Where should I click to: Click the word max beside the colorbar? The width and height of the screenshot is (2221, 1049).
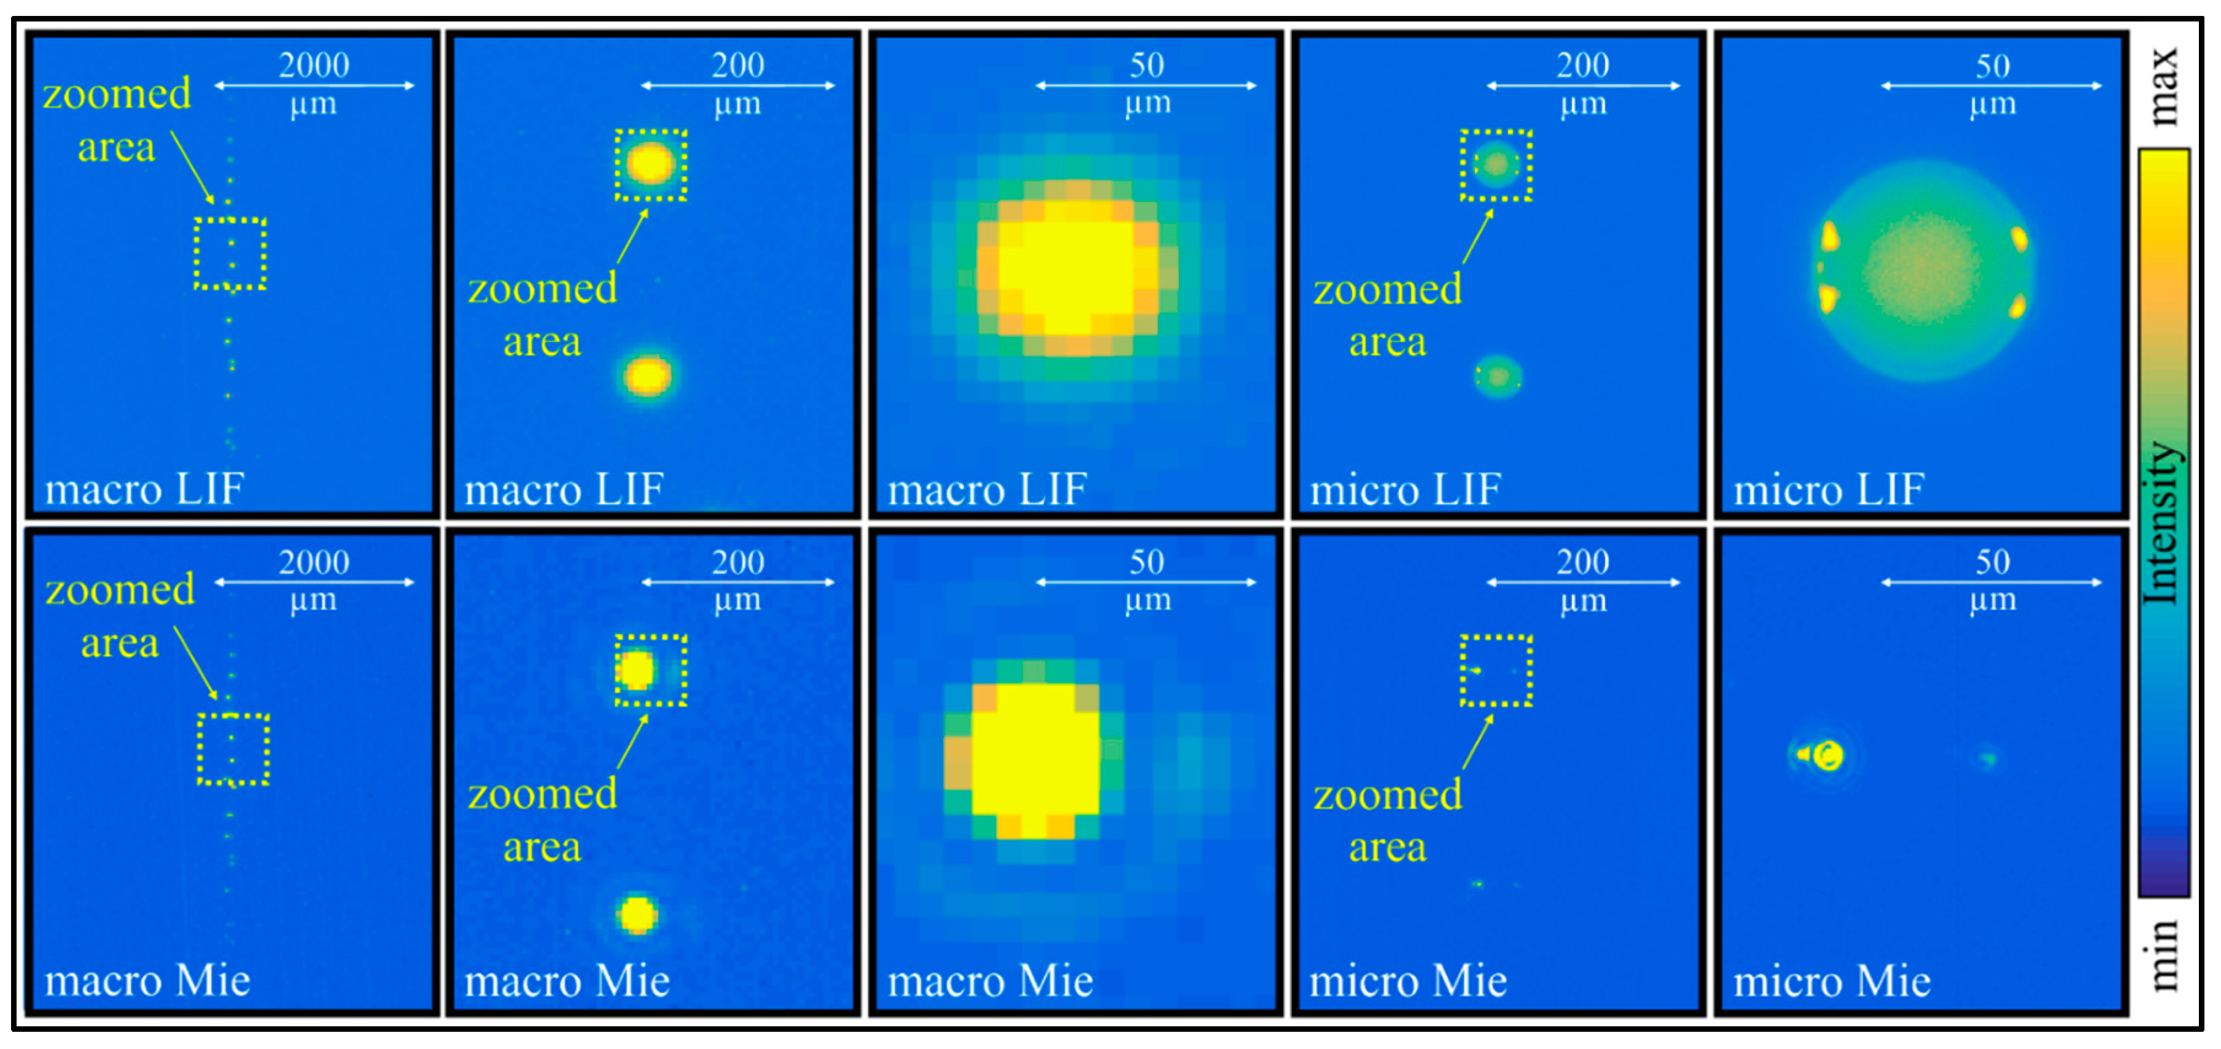(x=2164, y=86)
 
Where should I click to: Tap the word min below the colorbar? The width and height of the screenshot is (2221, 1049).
(x=2164, y=955)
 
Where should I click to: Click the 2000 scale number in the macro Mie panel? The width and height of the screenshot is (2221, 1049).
(x=314, y=562)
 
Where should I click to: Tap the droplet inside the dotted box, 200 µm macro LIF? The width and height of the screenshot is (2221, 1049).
(x=650, y=164)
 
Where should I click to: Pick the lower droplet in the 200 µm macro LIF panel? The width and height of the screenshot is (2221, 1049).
(x=647, y=376)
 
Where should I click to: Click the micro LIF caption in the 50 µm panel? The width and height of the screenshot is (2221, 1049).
(x=1829, y=490)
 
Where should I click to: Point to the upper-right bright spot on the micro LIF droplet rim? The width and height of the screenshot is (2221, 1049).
(x=2018, y=238)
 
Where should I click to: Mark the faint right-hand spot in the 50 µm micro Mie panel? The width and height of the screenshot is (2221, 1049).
(x=1988, y=759)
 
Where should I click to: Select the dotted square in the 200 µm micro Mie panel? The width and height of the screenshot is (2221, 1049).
(x=1496, y=671)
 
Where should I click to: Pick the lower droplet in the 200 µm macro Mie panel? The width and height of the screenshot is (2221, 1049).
(x=638, y=915)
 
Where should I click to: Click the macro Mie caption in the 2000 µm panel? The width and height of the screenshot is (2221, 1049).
(x=147, y=981)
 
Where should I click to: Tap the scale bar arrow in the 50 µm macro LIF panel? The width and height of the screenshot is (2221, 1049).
(x=1146, y=85)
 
